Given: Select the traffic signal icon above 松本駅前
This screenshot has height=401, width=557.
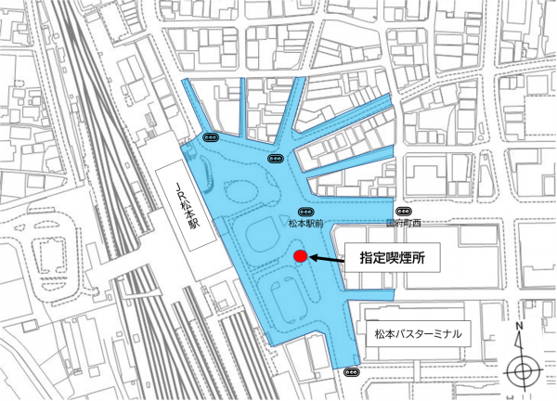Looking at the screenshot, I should pyautogui.click(x=305, y=212).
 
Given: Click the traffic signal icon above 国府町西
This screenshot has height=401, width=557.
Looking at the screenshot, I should pyautogui.click(x=402, y=212).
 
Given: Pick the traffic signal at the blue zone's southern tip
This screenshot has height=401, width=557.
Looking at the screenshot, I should pyautogui.click(x=351, y=372).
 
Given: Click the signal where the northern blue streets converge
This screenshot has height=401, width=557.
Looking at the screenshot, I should pyautogui.click(x=276, y=159).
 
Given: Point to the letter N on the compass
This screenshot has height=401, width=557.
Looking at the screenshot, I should pyautogui.click(x=521, y=328).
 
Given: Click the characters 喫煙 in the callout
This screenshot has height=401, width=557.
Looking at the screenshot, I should pyautogui.click(x=393, y=259).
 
